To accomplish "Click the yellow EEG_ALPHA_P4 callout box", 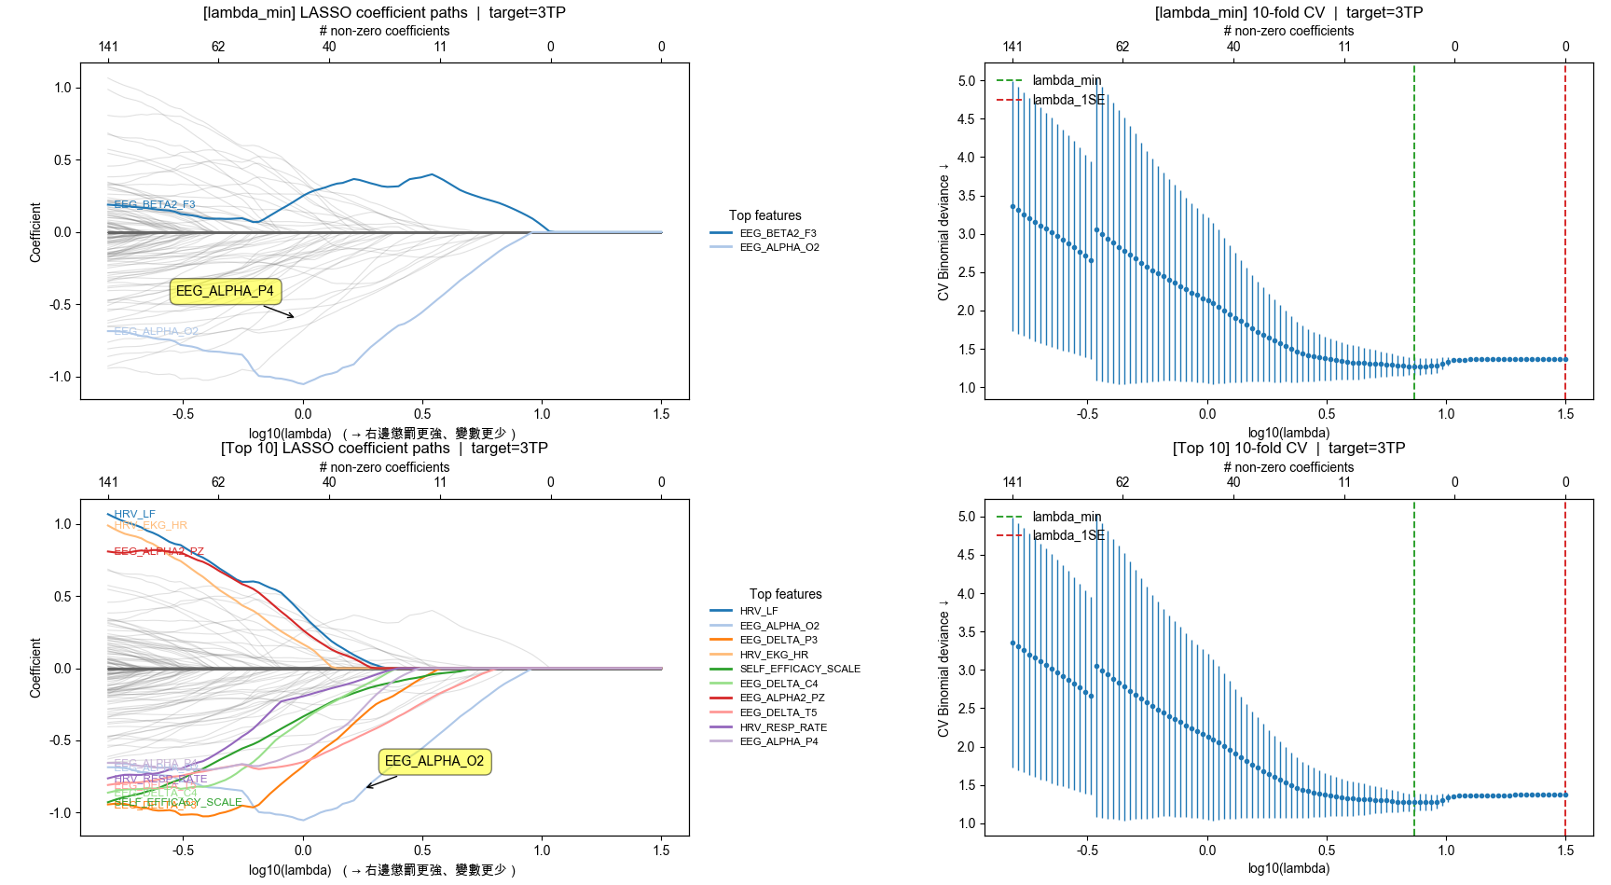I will pos(225,291).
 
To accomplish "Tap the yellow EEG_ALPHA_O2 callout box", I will pos(434,761).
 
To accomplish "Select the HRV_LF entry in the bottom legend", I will pos(758,611).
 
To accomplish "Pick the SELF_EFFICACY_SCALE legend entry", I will pos(799,669).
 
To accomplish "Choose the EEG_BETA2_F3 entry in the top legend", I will pos(778,233).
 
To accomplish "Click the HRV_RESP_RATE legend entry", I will pos(783,727).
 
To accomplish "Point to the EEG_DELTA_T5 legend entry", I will pos(778,712).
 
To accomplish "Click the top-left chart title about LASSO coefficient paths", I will pos(384,12).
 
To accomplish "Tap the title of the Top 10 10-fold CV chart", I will pos(1288,448).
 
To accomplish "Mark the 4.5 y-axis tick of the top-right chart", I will pos(966,119).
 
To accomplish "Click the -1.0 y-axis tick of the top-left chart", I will pos(62,377).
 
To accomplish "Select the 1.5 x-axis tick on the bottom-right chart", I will pos(1565,850).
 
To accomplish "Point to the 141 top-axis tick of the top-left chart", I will pos(108,47).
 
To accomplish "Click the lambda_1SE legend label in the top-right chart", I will pos(1068,100).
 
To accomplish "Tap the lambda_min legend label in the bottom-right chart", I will pos(1067,517).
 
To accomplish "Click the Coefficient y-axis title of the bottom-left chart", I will pos(35,668).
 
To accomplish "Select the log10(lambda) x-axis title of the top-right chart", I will pos(1288,433).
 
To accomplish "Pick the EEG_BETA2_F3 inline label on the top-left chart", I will pos(155,204).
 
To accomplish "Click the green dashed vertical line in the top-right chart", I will pos(1414,233).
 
